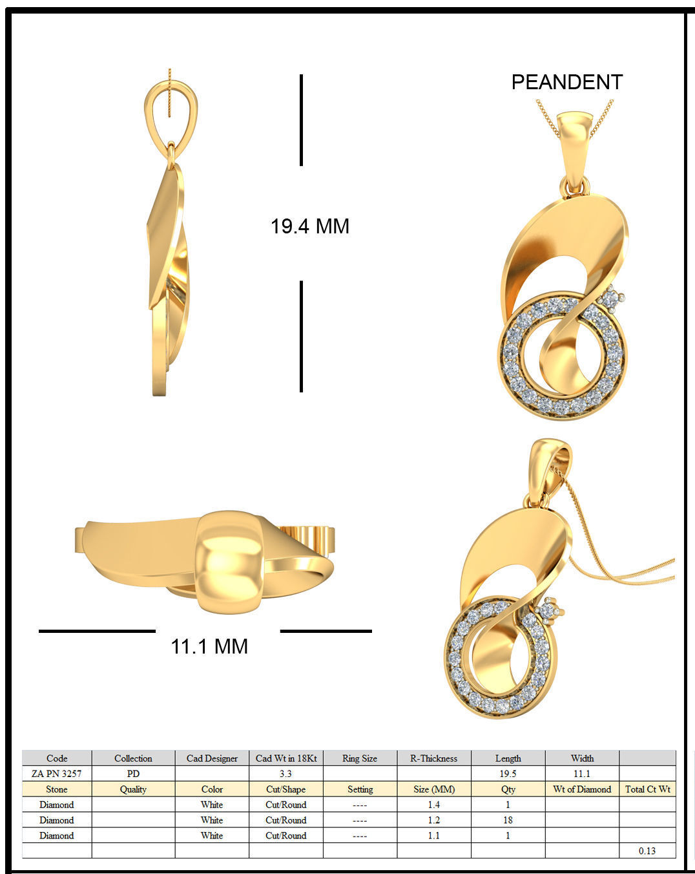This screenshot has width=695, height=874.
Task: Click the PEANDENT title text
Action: click(566, 82)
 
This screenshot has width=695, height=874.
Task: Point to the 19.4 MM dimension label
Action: click(310, 226)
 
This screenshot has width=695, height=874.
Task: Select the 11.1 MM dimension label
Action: click(209, 646)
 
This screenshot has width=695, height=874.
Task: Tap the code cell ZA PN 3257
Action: click(57, 773)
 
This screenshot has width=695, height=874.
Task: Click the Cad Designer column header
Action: click(212, 758)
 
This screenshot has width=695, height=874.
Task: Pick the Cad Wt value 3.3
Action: click(285, 773)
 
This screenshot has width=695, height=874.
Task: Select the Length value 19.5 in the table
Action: click(508, 773)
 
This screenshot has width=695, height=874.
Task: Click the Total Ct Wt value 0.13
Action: click(647, 851)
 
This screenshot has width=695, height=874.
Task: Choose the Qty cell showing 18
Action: click(508, 820)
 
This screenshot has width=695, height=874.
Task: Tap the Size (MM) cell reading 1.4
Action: click(433, 804)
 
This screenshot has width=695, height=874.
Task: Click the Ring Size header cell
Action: click(360, 758)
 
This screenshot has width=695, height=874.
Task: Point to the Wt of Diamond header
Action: click(582, 789)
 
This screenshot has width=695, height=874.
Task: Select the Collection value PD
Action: click(133, 773)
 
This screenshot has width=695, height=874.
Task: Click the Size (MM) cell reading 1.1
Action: click(433, 835)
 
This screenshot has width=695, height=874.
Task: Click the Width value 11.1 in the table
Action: click(582, 773)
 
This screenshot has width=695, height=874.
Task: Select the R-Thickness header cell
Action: click(433, 758)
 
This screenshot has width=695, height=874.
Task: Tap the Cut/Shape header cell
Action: click(285, 789)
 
